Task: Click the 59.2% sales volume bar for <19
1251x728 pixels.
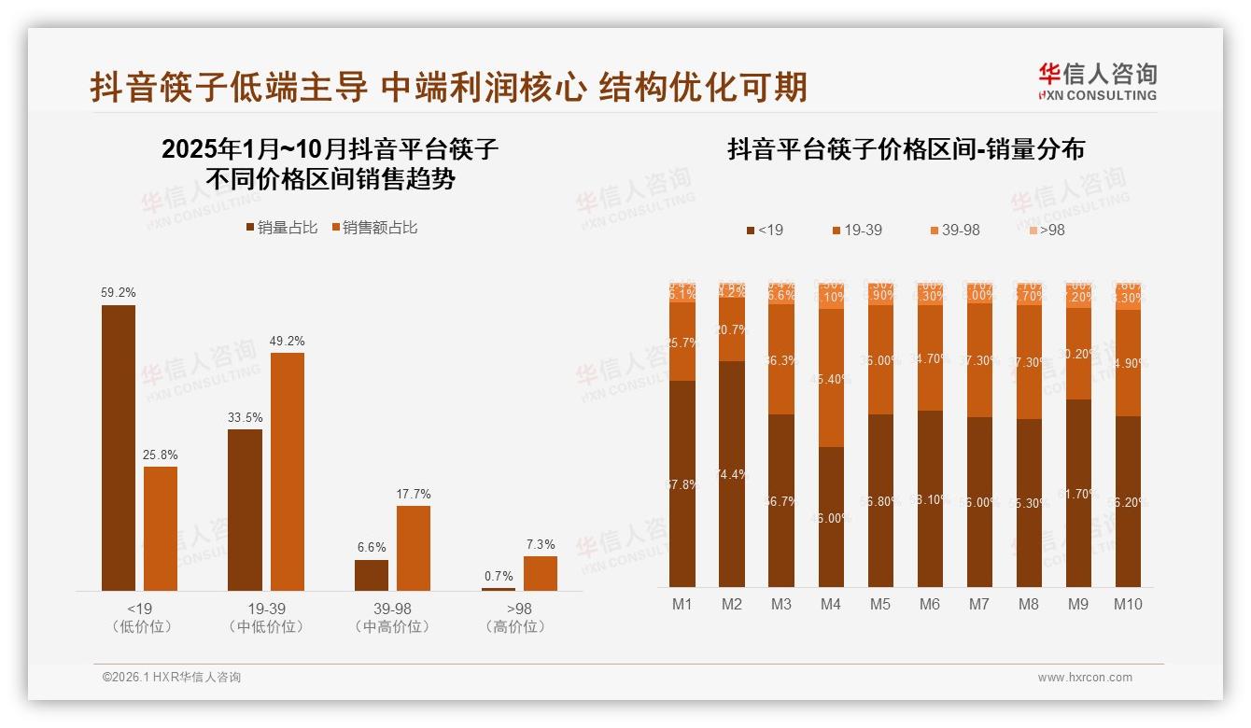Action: (x=119, y=448)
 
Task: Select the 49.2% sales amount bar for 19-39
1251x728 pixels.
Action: (x=288, y=471)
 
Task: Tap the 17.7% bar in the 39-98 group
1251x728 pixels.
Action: (x=414, y=548)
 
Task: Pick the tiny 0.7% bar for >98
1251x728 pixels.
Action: (x=499, y=589)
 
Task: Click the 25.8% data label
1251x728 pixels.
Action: (x=161, y=455)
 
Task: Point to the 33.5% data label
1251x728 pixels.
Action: (x=245, y=417)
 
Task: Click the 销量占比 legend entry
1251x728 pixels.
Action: (x=281, y=228)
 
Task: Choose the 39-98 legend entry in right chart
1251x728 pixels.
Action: (x=954, y=230)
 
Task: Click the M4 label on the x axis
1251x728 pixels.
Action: (x=831, y=604)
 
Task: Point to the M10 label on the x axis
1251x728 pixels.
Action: (x=1128, y=604)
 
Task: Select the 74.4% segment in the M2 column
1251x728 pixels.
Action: (x=732, y=474)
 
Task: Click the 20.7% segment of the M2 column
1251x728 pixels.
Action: (x=732, y=329)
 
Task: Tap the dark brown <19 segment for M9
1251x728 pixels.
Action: (x=1078, y=493)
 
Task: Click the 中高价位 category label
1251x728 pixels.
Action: (x=392, y=627)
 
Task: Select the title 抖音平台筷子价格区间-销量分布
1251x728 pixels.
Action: (x=906, y=150)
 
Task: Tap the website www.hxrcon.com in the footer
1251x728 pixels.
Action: (x=1085, y=678)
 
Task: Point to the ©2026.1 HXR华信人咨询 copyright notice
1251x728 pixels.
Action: (x=172, y=678)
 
